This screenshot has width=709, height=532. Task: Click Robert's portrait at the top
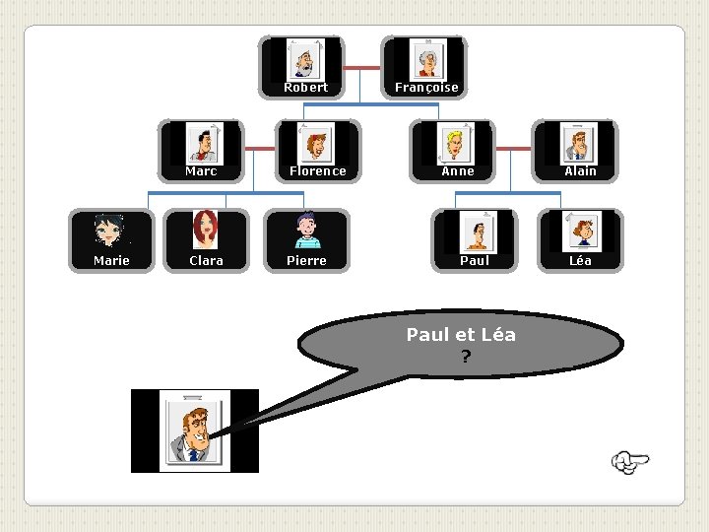pos(305,59)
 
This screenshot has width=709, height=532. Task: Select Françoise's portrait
pos(427,59)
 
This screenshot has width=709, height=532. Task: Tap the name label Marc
pos(201,171)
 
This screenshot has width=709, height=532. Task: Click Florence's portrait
pos(316,144)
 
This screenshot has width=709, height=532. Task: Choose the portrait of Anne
pos(457,144)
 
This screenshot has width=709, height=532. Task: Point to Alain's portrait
pos(579,144)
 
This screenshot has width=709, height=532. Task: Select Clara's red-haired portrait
pos(206,232)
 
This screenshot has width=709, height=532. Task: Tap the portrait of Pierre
pos(306,232)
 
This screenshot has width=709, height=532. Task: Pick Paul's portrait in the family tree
pos(478,233)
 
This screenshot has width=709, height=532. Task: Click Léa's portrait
pos(580,233)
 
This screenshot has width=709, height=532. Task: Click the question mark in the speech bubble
pos(464,357)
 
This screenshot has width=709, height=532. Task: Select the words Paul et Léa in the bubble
pos(461,335)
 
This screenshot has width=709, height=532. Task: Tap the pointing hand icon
pos(630,461)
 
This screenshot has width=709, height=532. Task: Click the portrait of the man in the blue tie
pos(195,432)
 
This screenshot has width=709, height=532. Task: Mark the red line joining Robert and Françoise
pos(364,68)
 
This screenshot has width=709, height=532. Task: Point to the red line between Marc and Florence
pos(260,149)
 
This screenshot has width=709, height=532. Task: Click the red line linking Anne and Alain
pos(513,149)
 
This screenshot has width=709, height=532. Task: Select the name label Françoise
pos(426,88)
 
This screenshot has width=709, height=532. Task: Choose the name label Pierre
pos(306,261)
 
